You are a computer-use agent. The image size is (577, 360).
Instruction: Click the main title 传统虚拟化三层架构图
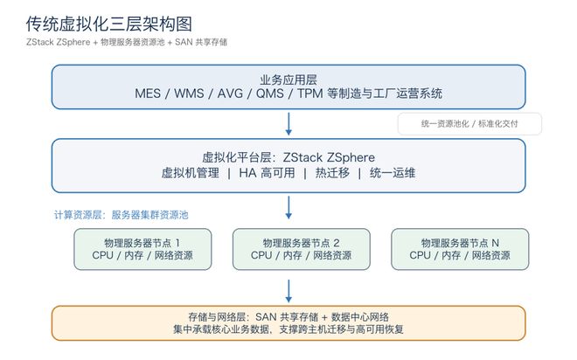click(109, 24)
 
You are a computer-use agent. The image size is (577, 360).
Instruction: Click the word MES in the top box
click(148, 93)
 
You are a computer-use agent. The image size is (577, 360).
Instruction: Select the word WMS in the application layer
click(189, 93)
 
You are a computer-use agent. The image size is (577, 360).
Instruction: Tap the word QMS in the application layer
click(270, 93)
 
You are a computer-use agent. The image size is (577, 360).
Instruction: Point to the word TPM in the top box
click(309, 93)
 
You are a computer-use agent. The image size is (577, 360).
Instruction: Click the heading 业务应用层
click(288, 80)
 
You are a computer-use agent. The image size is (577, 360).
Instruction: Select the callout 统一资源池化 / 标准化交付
click(469, 124)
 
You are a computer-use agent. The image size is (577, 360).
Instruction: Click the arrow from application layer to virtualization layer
click(288, 124)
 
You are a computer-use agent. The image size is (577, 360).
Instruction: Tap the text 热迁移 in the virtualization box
click(332, 173)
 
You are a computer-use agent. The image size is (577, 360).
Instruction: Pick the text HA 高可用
click(267, 173)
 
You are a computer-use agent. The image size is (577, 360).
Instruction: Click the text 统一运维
click(393, 173)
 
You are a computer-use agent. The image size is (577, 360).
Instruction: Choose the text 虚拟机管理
click(191, 173)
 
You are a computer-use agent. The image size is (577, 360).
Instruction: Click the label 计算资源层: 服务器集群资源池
click(121, 215)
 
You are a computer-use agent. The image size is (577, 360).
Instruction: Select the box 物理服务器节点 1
click(143, 249)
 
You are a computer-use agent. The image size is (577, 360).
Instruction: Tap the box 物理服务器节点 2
click(302, 249)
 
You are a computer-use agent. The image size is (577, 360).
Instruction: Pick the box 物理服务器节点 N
click(460, 249)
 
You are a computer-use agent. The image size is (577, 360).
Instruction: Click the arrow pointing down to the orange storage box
click(288, 291)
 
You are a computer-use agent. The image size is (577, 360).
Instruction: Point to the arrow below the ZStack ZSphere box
click(288, 207)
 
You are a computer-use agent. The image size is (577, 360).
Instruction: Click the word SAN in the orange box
click(266, 317)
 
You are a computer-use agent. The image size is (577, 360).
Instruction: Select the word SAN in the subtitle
click(184, 42)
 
